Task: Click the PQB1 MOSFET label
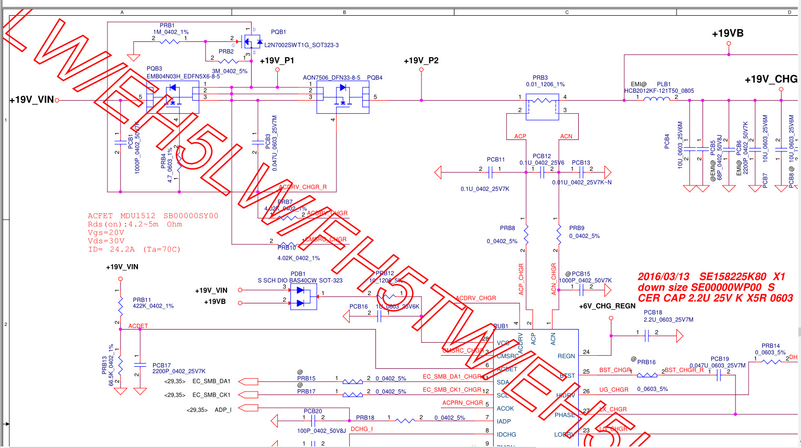[278, 32]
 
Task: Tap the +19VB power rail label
[728, 34]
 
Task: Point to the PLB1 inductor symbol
[656, 98]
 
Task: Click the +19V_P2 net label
[421, 61]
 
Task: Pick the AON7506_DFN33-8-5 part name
[331, 78]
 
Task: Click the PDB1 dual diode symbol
[303, 297]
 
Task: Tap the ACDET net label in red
[138, 326]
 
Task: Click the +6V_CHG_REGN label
[607, 306]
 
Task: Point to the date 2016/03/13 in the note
[664, 276]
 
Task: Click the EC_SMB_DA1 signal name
[211, 381]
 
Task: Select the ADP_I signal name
[223, 410]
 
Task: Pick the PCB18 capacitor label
[653, 312]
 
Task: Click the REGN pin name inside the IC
[566, 356]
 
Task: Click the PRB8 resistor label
[507, 228]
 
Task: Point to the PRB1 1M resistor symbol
[169, 41]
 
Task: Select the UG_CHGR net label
[614, 390]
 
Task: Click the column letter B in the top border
[344, 12]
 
